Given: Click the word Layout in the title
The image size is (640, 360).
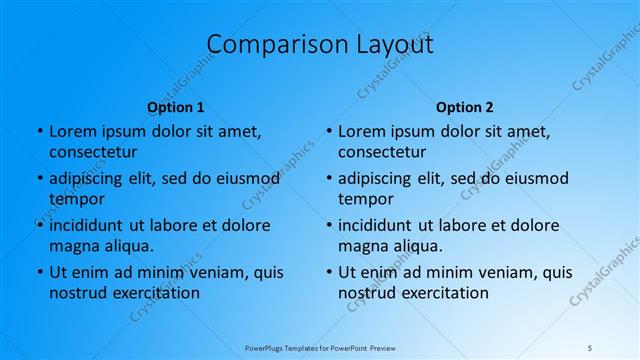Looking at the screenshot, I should click(x=391, y=45).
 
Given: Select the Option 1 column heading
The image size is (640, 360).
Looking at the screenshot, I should click(x=176, y=107).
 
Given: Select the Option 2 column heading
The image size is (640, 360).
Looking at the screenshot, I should click(x=465, y=107).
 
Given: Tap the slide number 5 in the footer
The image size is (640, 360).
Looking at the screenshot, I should click(x=590, y=348).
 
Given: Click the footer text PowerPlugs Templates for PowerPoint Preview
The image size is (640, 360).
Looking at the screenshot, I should click(x=320, y=348).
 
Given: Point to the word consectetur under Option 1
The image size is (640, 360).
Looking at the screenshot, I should click(x=93, y=152).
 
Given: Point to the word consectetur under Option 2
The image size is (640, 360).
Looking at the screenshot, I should click(x=382, y=152).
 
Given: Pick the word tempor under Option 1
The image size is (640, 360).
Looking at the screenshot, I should click(x=77, y=199).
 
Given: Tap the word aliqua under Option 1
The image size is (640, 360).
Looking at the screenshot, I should click(x=126, y=245).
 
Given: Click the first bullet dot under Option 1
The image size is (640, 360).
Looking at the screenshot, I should click(x=39, y=131).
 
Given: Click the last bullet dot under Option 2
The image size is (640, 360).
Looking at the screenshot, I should click(x=328, y=272).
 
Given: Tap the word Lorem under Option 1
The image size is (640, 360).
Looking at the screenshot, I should click(x=72, y=131).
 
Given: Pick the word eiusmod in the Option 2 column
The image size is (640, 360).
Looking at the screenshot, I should click(x=534, y=179).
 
